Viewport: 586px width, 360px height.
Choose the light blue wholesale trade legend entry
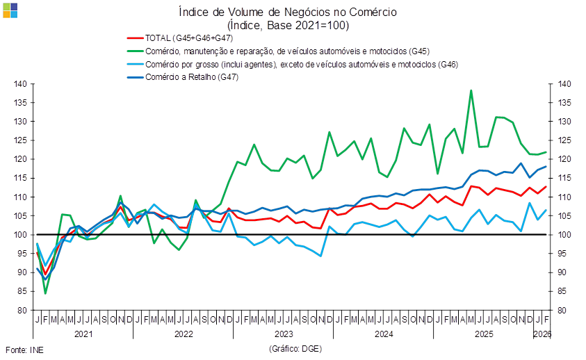302,64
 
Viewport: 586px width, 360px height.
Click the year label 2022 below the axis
184,334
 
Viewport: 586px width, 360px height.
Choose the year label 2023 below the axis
284,334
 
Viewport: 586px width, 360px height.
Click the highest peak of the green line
471,90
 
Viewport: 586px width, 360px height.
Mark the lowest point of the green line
45,293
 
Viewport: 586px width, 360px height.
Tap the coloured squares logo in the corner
10,10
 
